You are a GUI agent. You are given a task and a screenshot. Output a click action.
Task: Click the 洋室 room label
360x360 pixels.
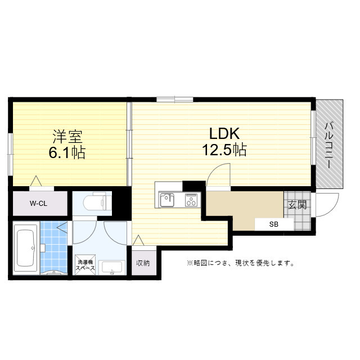point(67,136)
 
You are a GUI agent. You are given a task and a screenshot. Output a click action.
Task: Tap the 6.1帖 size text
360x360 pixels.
point(67,152)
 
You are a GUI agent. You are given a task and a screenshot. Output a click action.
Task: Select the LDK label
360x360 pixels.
point(224,134)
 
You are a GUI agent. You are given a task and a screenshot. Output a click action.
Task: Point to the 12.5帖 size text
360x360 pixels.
point(224,150)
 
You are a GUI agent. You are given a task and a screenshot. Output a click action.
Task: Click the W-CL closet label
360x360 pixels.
point(38,204)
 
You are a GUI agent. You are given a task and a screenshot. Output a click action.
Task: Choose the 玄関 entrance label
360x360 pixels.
point(298,205)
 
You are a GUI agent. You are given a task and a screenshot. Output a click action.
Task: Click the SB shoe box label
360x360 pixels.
point(274,224)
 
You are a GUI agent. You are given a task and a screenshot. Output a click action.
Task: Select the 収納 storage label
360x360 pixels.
point(143,263)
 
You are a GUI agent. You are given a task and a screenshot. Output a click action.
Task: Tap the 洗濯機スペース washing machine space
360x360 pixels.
point(85,265)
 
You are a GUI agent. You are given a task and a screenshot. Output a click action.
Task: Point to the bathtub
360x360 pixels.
point(26,248)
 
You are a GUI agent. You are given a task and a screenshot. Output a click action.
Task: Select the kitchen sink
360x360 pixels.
point(167,200)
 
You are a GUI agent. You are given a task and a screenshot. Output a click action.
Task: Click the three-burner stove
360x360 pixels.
point(191,200)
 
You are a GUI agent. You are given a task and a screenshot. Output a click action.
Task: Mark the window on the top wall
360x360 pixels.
point(175,100)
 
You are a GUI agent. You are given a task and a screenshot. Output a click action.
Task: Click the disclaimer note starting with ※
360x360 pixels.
point(240,263)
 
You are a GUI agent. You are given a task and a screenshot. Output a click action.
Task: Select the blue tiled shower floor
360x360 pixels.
point(54,247)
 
